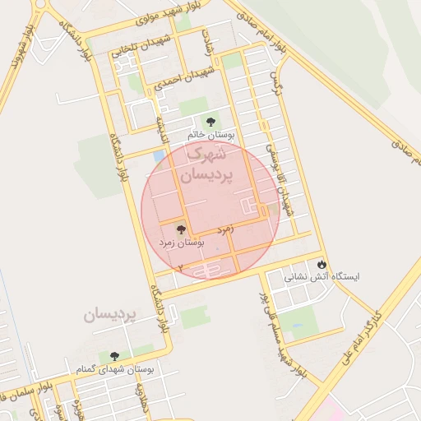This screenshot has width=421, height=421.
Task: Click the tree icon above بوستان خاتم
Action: tap(212, 121)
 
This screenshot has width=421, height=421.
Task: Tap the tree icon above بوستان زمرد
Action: tap(181, 230)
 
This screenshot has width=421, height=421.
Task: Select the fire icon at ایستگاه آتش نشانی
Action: tap(321, 265)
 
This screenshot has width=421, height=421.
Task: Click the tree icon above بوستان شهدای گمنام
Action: tap(113, 356)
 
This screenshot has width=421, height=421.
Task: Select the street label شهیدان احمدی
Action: tap(183, 77)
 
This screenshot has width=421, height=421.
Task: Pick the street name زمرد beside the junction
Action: tap(226, 228)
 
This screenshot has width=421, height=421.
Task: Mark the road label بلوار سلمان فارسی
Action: tap(21, 394)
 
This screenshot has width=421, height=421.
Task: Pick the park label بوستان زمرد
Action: tap(181, 243)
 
